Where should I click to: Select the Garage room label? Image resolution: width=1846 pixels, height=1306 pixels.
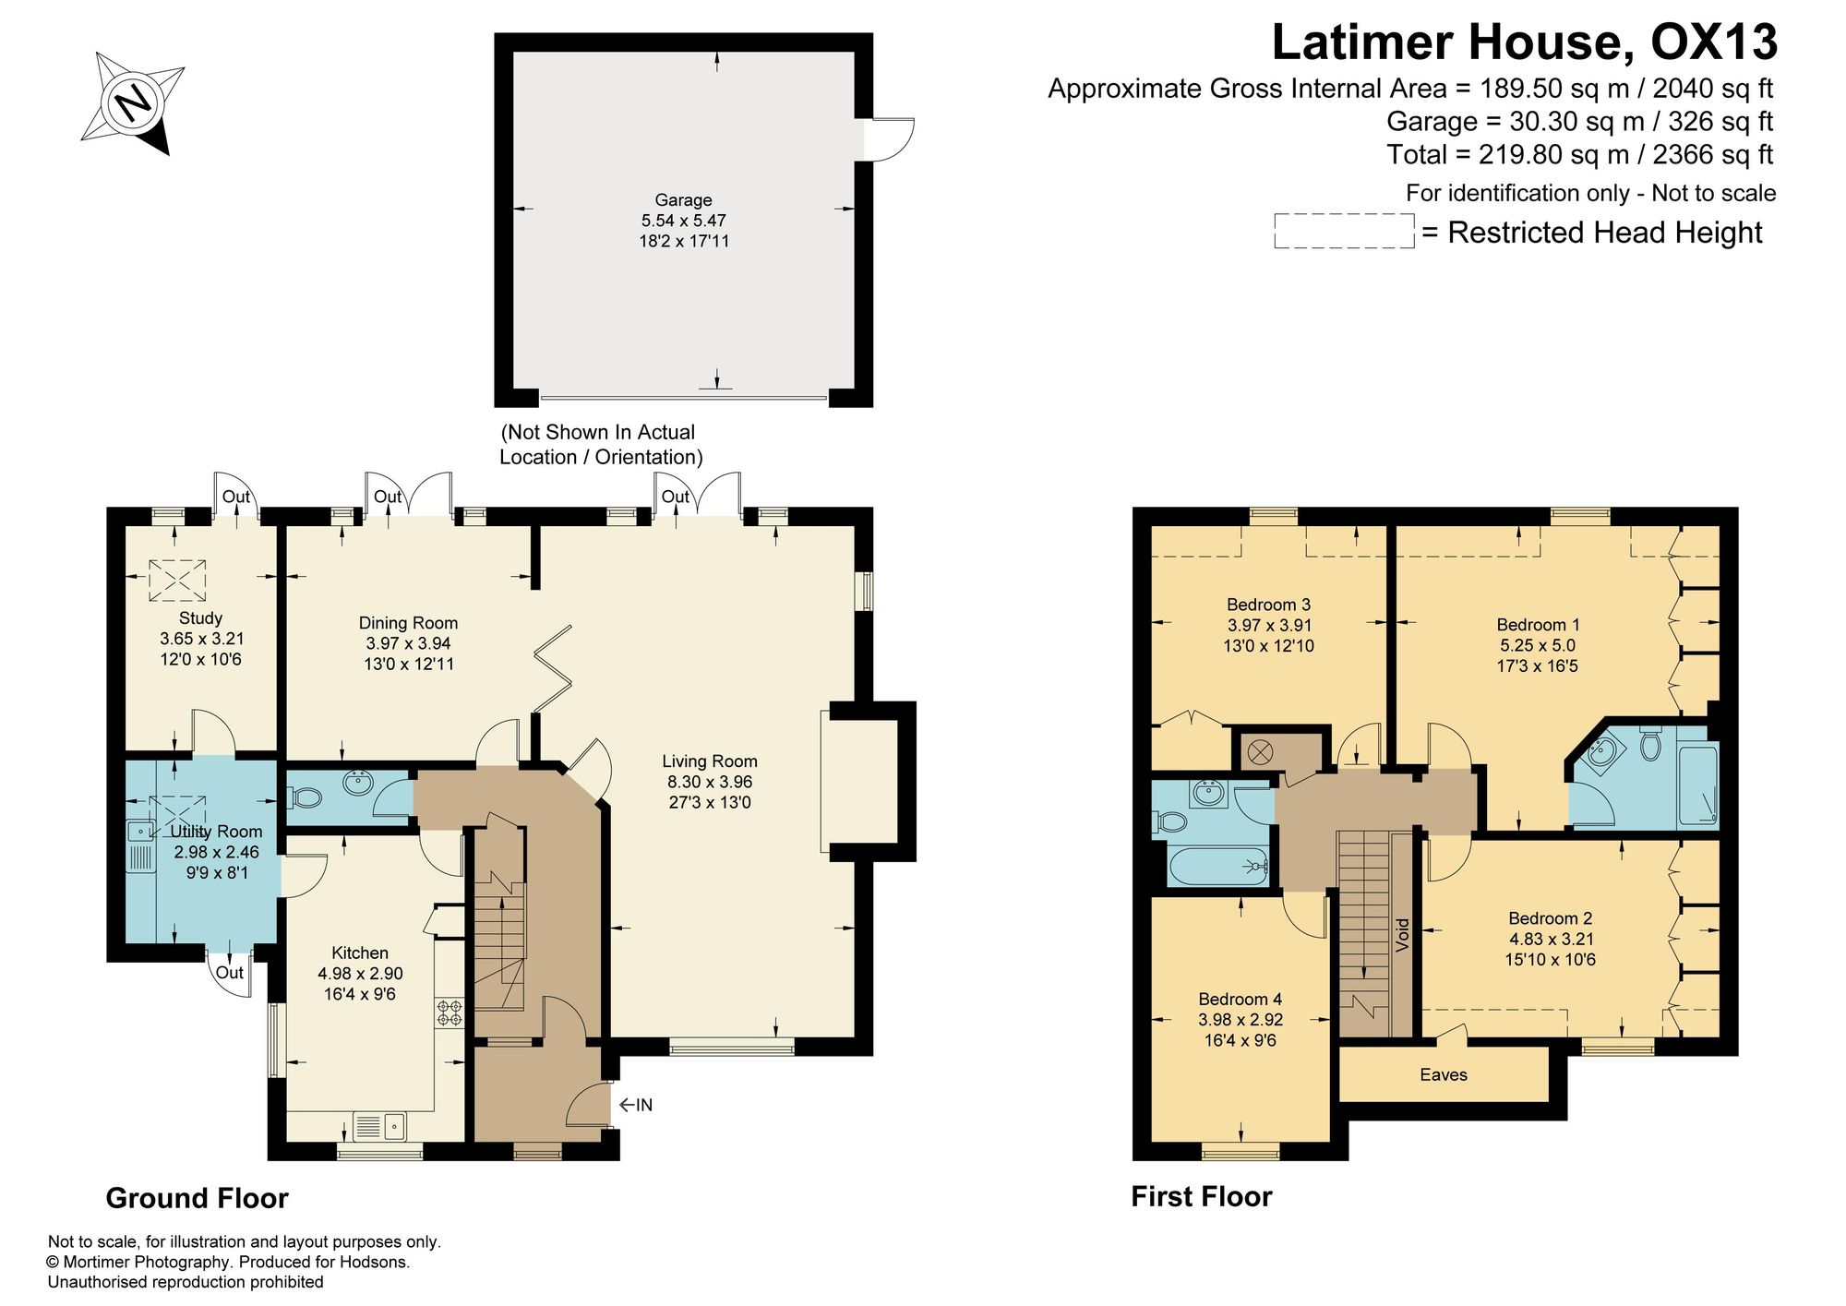click(x=683, y=199)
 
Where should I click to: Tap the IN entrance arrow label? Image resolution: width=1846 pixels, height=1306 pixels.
click(x=636, y=1105)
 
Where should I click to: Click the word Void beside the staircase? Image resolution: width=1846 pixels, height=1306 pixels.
click(x=1403, y=935)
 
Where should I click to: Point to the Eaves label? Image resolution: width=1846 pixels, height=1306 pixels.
click(x=1444, y=1074)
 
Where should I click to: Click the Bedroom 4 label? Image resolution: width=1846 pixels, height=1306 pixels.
click(x=1240, y=999)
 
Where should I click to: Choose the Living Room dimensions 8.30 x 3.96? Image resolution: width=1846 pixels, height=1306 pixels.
click(x=710, y=782)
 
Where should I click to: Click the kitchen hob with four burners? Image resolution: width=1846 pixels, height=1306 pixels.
click(x=450, y=1012)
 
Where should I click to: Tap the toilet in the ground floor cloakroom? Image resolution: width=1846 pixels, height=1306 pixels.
click(x=305, y=797)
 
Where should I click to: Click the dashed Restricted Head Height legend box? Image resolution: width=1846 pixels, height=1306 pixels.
click(x=1344, y=231)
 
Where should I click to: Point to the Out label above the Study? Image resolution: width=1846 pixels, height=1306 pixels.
click(x=236, y=497)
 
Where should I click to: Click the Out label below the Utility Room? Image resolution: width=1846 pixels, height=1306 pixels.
click(x=230, y=972)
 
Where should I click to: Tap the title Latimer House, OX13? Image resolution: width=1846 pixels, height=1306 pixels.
click(x=1525, y=42)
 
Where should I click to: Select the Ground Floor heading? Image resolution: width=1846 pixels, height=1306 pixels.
click(x=197, y=1198)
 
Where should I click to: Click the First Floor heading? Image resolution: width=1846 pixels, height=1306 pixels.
click(x=1202, y=1196)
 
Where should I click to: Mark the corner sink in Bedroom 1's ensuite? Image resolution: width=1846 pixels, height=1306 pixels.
click(x=1602, y=752)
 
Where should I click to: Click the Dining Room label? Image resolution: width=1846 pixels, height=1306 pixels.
click(x=408, y=623)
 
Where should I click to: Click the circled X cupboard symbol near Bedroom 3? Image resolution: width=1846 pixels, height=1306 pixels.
click(x=1259, y=752)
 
